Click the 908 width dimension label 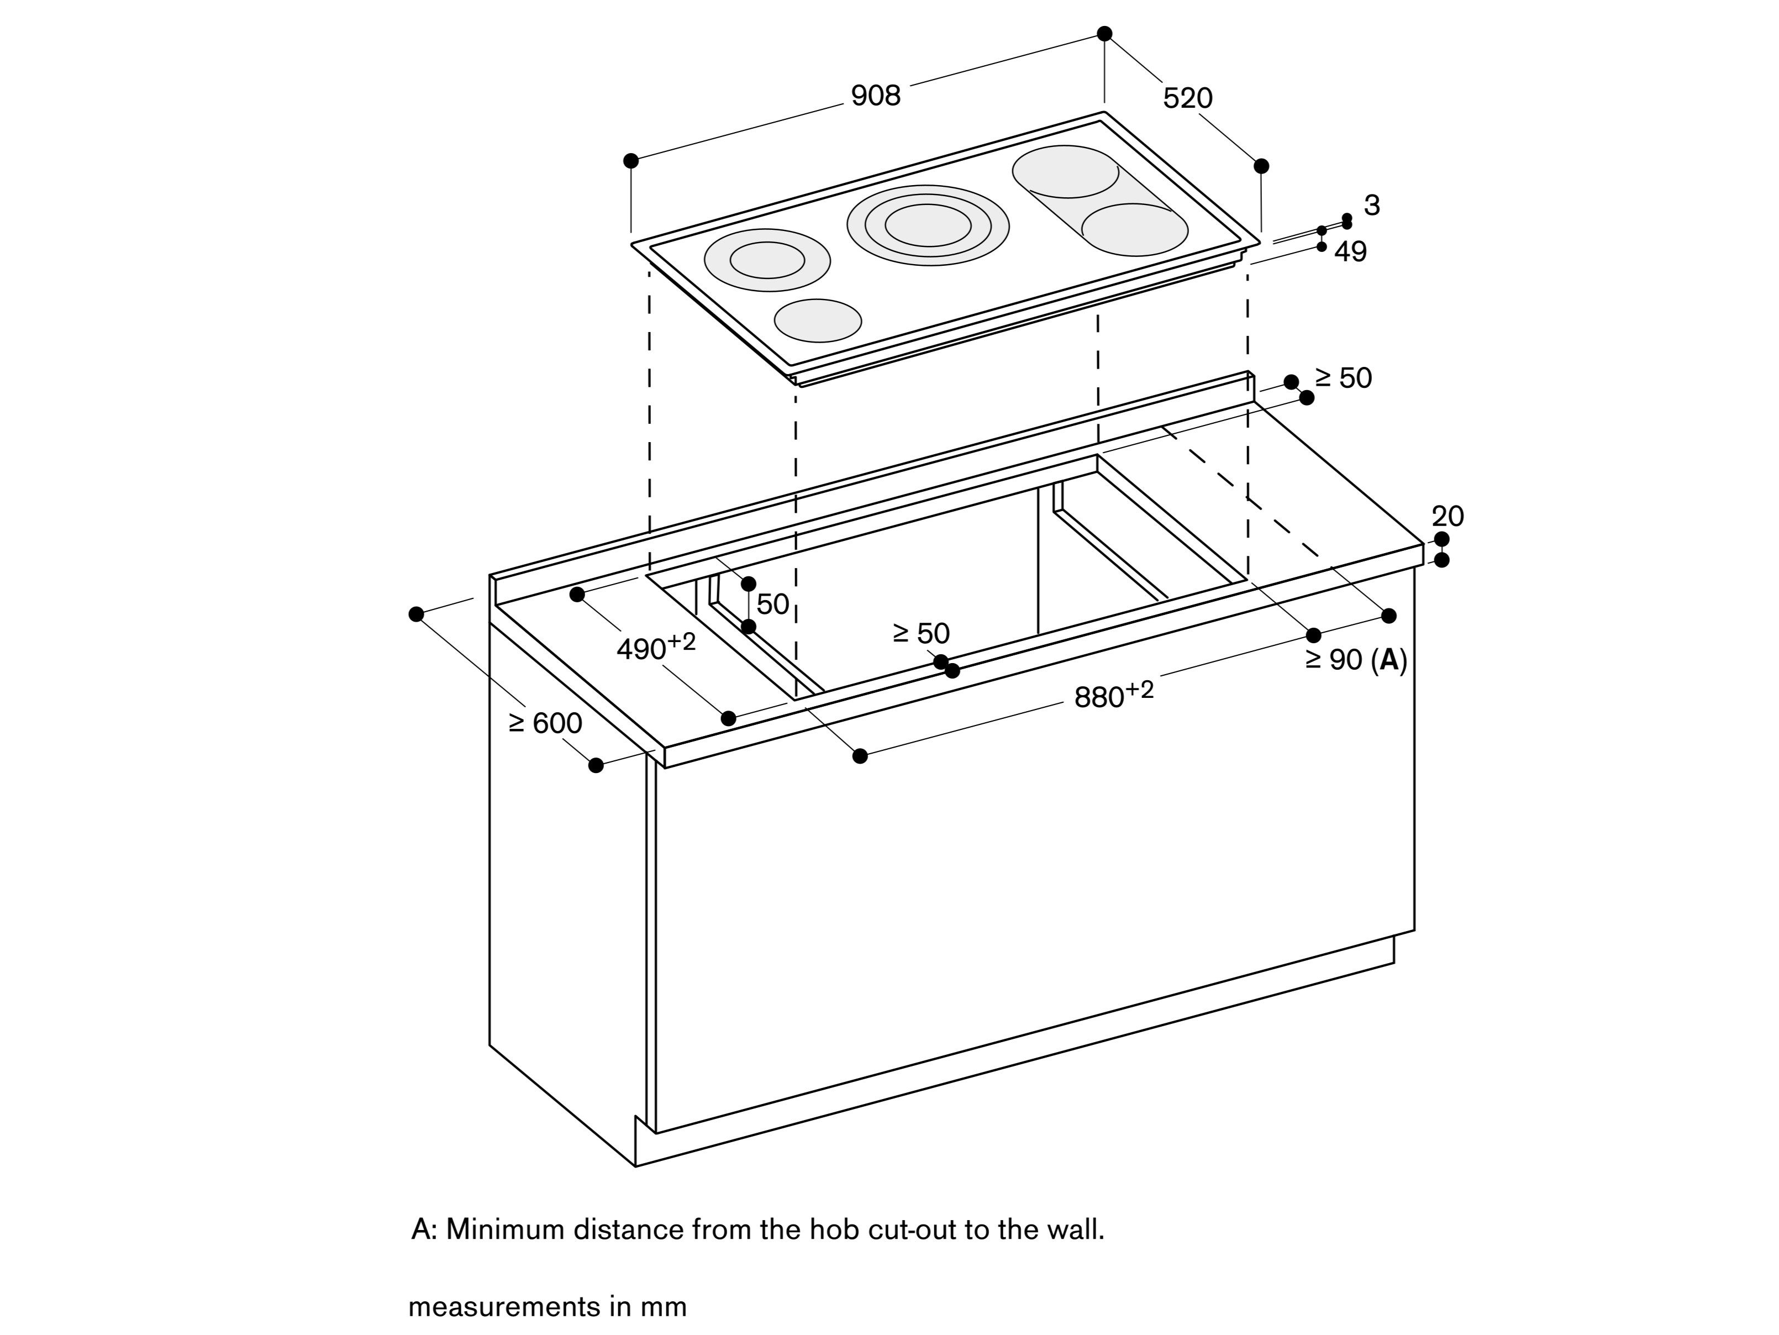876,96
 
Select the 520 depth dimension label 1187,98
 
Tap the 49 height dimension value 1350,253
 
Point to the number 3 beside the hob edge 1372,206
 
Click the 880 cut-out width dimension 1113,695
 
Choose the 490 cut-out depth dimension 655,647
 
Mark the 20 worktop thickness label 1448,516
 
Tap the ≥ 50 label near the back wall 1343,378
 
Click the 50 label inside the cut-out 772,605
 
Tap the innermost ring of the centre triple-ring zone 928,225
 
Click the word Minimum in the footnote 505,1229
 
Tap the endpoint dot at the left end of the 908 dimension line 631,161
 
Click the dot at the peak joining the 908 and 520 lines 1104,34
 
